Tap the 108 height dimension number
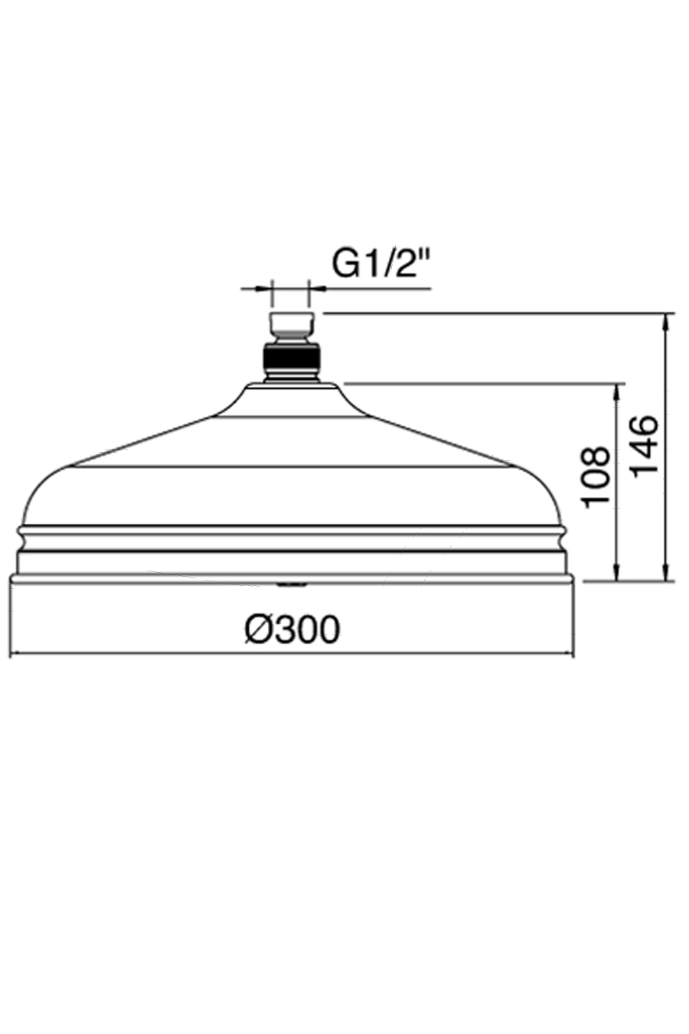point(596,476)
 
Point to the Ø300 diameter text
point(292,630)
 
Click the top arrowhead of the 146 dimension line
point(668,320)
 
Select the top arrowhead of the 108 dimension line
point(616,390)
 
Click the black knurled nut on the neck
point(291,358)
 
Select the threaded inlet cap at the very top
point(291,322)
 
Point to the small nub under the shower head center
point(291,585)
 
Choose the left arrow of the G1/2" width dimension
point(265,289)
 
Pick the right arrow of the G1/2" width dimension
point(315,289)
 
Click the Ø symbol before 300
point(258,630)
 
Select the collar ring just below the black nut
point(291,376)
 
